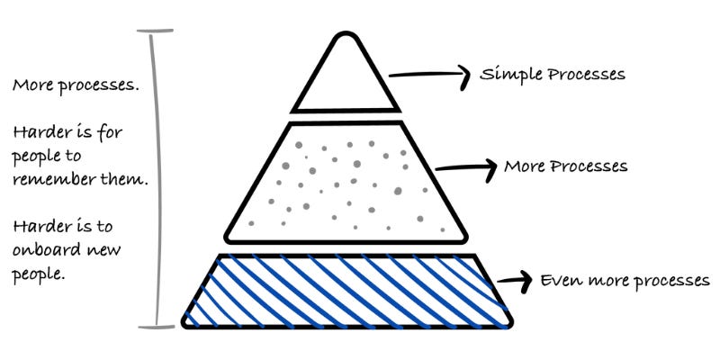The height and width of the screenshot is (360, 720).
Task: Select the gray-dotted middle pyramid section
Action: (346, 184)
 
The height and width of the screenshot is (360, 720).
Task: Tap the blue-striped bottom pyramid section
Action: (346, 290)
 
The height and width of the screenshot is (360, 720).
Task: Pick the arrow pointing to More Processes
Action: (466, 167)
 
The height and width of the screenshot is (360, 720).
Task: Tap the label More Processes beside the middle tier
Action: (565, 166)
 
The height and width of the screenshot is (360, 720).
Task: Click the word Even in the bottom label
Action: (558, 280)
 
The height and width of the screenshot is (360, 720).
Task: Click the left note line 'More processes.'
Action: (63, 86)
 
